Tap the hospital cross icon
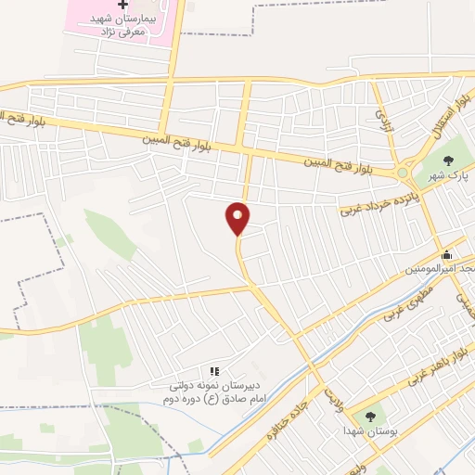[124, 5]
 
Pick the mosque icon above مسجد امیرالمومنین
[446, 255]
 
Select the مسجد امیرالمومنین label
[441, 270]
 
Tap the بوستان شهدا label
[369, 432]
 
